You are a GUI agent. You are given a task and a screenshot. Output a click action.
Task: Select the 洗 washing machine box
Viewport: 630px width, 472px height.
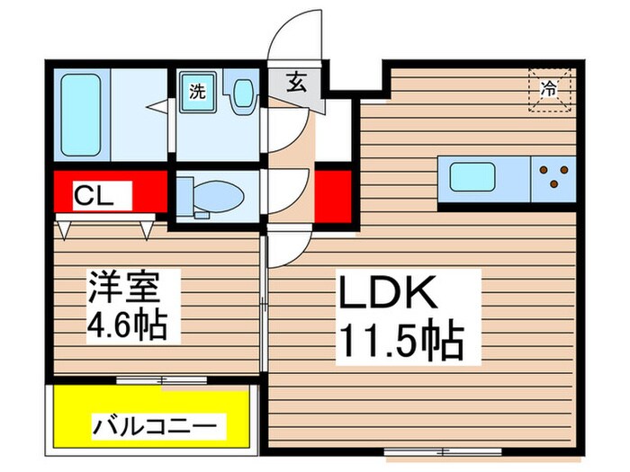tap(195, 91)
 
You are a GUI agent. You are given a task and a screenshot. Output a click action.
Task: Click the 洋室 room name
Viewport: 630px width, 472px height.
tap(125, 289)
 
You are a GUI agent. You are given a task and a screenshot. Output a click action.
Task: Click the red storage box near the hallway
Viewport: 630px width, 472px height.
tap(332, 194)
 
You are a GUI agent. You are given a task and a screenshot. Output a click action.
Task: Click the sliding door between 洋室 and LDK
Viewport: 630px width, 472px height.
tap(264, 306)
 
